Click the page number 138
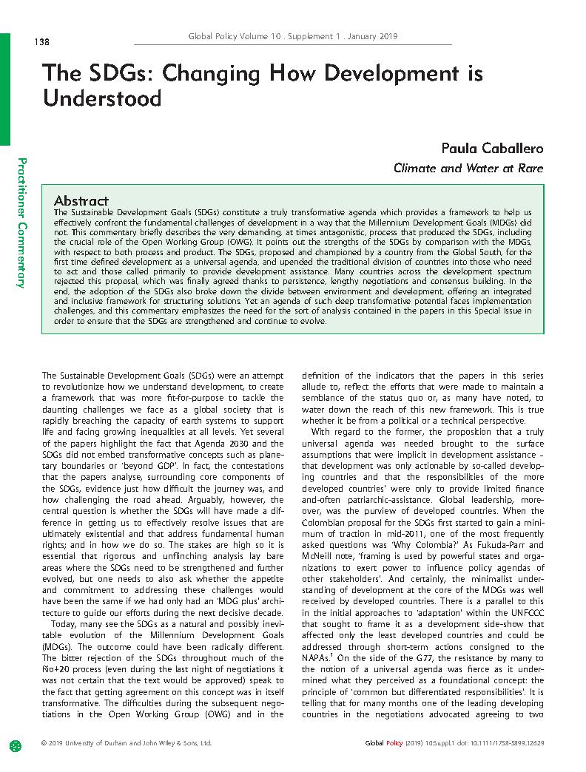[41, 41]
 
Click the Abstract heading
[81, 200]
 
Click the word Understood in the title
[101, 98]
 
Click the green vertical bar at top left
[4, 89]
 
